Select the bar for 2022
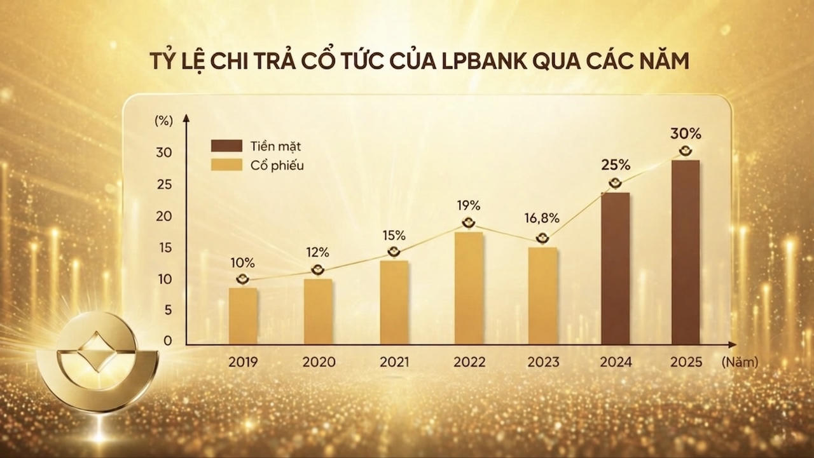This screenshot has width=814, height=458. point(469,288)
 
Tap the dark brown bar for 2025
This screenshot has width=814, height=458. point(686,252)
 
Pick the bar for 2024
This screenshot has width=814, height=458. point(615,269)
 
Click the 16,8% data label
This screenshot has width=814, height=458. point(542,219)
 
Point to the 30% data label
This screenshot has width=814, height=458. point(686,134)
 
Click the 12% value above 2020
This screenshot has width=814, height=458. point(318,251)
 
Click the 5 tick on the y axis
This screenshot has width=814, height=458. point(167,310)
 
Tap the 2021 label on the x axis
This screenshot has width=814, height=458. point(394,363)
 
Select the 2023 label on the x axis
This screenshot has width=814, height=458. point(543,363)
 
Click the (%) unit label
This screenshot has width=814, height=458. point(163,122)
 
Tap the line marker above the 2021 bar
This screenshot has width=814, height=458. point(394,252)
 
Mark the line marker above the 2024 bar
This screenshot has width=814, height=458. point(615,184)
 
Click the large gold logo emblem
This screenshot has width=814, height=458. point(106,361)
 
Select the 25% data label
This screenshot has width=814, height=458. point(615,165)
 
